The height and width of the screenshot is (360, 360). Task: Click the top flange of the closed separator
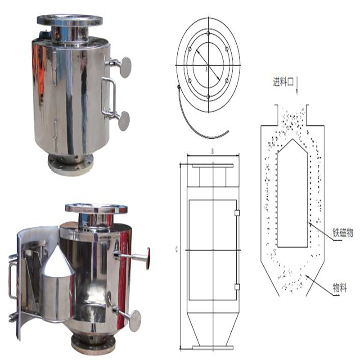click(70, 20)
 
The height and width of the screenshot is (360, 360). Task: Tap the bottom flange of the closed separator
click(71, 165)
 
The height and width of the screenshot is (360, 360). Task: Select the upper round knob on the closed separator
click(125, 66)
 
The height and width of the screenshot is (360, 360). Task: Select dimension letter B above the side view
click(212, 152)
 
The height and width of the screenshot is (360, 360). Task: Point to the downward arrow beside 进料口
click(298, 85)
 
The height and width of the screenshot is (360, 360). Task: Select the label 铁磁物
click(343, 233)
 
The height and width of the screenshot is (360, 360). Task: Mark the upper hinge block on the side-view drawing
click(237, 212)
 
